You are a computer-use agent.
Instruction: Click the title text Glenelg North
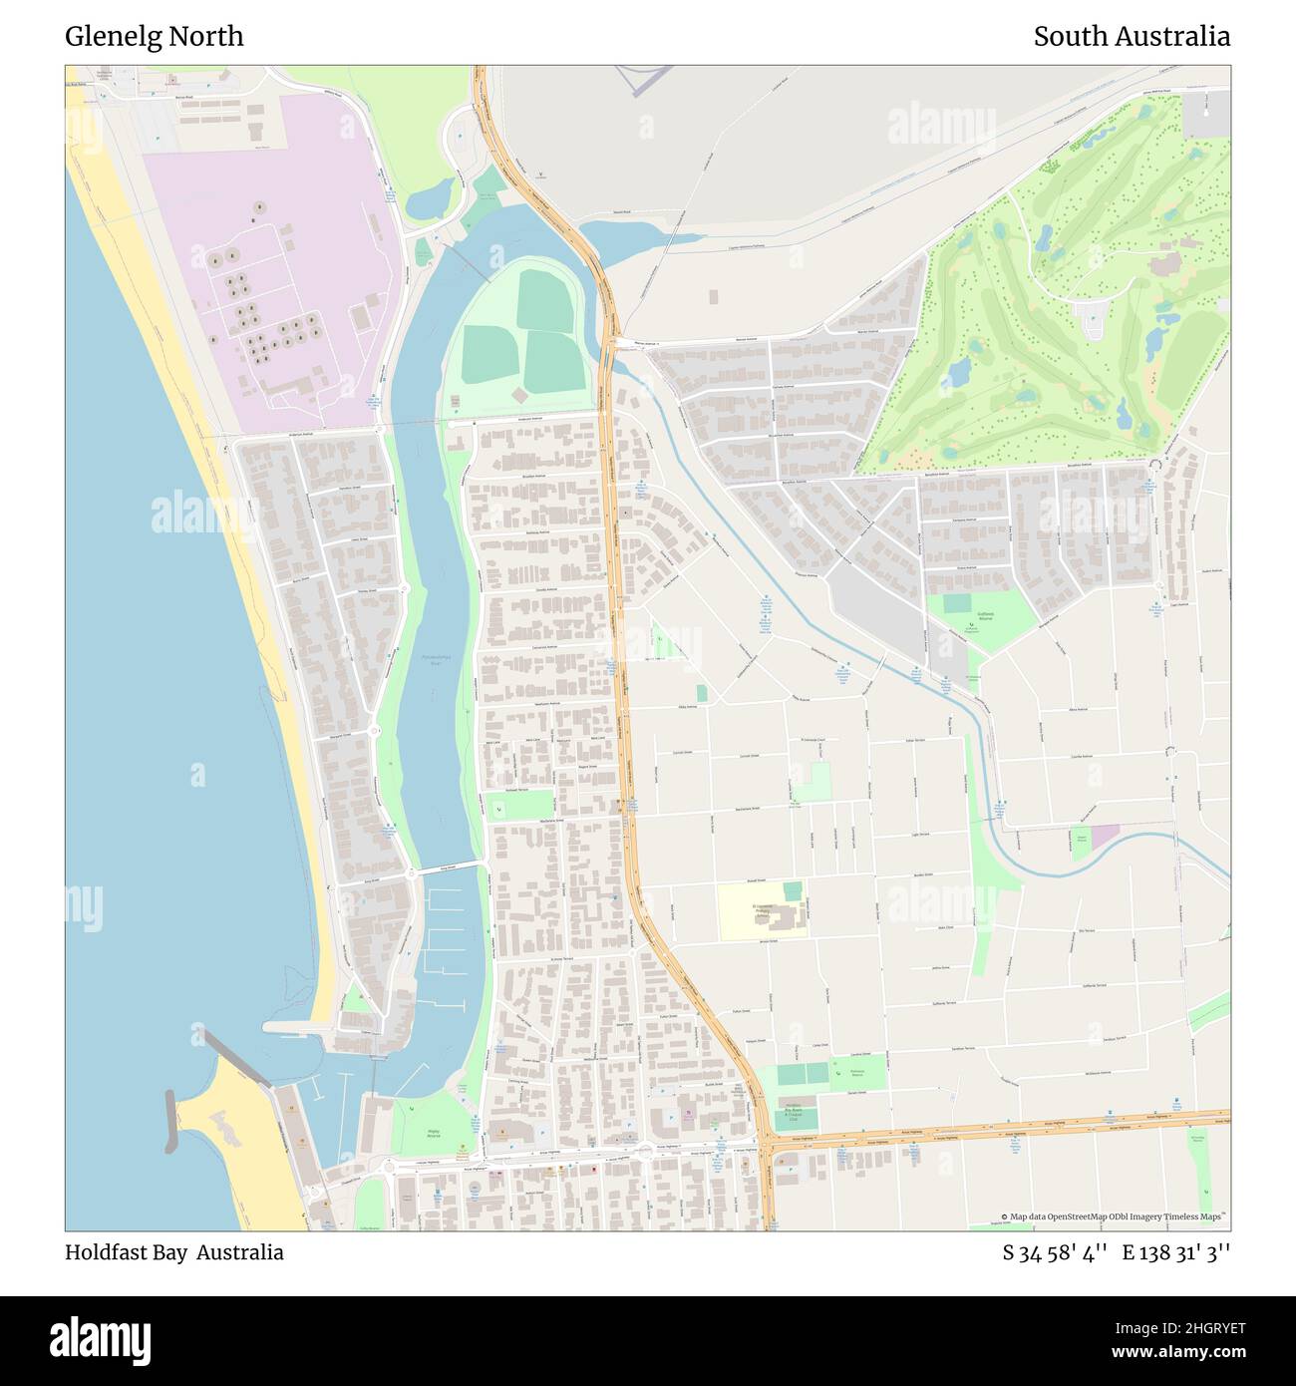pyautogui.click(x=154, y=36)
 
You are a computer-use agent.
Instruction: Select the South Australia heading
pyautogui.click(x=1131, y=36)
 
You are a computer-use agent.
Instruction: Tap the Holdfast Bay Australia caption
pyautogui.click(x=173, y=1252)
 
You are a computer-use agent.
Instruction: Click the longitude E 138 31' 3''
pyautogui.click(x=1175, y=1252)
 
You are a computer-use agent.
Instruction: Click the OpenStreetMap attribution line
pyautogui.click(x=1114, y=1216)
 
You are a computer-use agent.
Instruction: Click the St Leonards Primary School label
pyautogui.click(x=762, y=908)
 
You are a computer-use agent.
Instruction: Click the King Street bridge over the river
pyautogui.click(x=448, y=867)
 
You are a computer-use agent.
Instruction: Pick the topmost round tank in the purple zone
pyautogui.click(x=259, y=207)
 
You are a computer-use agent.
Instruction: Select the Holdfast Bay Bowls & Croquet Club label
pyautogui.click(x=795, y=1116)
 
